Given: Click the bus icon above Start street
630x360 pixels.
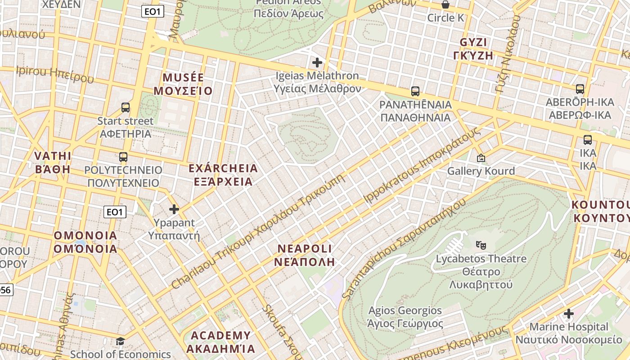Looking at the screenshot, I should (126, 108).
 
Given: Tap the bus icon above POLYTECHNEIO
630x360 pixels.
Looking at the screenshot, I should (123, 157).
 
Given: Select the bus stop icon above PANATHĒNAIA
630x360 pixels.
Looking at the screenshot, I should (415, 91).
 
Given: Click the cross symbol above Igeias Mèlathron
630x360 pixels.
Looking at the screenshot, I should (317, 63).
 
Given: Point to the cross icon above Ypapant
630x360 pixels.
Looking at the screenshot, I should (174, 209).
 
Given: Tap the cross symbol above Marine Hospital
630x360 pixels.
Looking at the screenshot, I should (569, 313).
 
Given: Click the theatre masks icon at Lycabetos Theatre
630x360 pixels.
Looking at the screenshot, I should (481, 245).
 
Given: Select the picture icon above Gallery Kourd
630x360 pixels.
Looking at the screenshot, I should (481, 158).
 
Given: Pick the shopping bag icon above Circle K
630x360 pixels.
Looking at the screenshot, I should (445, 5).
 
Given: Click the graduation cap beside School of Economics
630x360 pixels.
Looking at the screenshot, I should (120, 342).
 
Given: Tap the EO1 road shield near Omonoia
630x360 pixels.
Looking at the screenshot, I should (115, 211).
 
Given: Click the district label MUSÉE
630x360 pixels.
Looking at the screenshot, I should (183, 77).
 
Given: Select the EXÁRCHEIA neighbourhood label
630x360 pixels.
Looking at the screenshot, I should (223, 169).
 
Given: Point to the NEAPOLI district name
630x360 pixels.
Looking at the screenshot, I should (305, 248).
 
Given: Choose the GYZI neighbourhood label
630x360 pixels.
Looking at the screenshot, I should (473, 43).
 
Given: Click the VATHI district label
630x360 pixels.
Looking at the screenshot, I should (53, 156).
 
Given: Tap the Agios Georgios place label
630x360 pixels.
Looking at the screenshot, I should (405, 310).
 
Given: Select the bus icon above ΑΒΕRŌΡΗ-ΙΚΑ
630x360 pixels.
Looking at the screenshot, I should (580, 89).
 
